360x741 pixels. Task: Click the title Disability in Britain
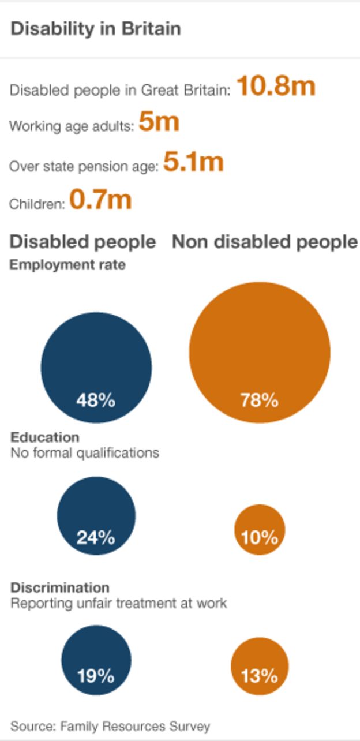pyautogui.click(x=96, y=29)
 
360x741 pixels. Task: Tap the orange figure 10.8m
pyautogui.click(x=276, y=87)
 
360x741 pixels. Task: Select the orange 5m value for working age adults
pyautogui.click(x=159, y=122)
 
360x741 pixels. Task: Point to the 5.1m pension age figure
pyautogui.click(x=193, y=162)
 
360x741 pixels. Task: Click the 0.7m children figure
pyautogui.click(x=100, y=200)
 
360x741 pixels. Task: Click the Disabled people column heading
pyautogui.click(x=83, y=242)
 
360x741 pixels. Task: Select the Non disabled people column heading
pyautogui.click(x=265, y=242)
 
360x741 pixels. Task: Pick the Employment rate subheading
pyautogui.click(x=67, y=265)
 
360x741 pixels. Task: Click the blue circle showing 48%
pyautogui.click(x=96, y=368)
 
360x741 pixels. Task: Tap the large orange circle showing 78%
pyautogui.click(x=260, y=352)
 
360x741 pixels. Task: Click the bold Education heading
pyautogui.click(x=45, y=437)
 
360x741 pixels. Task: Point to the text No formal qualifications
pyautogui.click(x=85, y=452)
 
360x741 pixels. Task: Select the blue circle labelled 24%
pyautogui.click(x=96, y=515)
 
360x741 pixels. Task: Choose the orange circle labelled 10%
pyautogui.click(x=260, y=530)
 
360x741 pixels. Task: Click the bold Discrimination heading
pyautogui.click(x=60, y=587)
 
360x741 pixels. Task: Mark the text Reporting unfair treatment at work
pyautogui.click(x=119, y=603)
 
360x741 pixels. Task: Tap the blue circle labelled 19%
pyautogui.click(x=96, y=660)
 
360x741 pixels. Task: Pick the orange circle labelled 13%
pyautogui.click(x=260, y=666)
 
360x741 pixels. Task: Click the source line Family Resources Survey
pyautogui.click(x=110, y=726)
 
